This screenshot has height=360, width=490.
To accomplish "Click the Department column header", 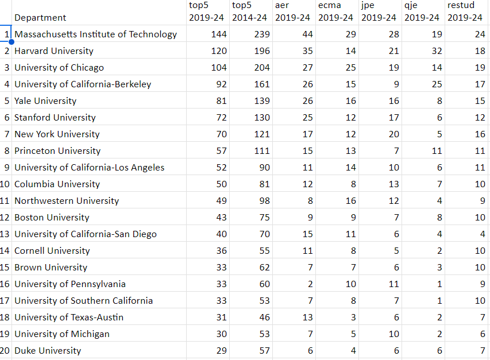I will coord(40,18).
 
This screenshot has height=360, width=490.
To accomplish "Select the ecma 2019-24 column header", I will coord(335,11).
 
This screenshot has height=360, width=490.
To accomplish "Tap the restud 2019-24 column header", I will coord(465,11).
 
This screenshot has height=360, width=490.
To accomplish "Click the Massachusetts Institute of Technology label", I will coord(96,34).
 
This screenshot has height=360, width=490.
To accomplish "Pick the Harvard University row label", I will coord(54,51).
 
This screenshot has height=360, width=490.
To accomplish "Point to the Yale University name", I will coord(45,101).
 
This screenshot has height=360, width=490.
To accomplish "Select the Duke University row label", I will coord(48,351).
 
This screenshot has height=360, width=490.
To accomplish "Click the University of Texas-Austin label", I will coord(69,318).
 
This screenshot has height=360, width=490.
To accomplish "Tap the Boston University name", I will coord(52,218).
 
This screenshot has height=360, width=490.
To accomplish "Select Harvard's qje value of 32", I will coord(437,51).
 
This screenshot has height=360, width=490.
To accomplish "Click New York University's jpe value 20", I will coord(393,134).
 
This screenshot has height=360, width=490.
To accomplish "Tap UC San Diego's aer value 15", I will coord(307,234).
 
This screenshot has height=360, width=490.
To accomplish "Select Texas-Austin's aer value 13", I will coord(307,318).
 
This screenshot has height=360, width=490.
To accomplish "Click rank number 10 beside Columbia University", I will coord(6,184).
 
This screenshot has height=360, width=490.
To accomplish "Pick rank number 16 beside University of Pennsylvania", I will coord(6,284).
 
